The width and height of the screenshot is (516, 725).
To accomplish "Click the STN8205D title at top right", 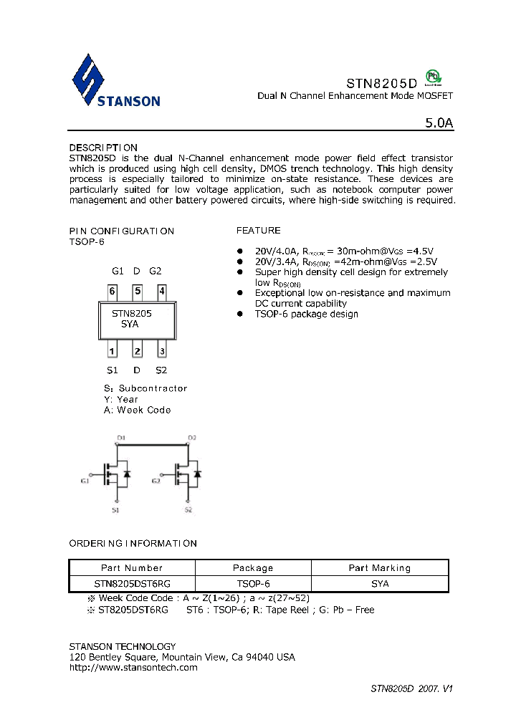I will pos(381,82).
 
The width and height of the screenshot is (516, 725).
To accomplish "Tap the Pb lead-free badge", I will pos(432,77).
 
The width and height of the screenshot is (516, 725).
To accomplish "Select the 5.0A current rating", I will pos(439,123).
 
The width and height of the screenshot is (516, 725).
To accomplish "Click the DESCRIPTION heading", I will pos(103,148).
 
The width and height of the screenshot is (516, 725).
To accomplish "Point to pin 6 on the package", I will pos(113,292).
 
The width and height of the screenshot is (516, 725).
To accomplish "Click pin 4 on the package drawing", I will pos(162,292).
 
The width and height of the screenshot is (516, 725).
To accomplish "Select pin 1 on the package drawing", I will pos(113,350).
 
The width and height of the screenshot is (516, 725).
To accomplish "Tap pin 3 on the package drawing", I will pos(162,350).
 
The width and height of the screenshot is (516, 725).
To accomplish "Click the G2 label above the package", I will pos(156,272).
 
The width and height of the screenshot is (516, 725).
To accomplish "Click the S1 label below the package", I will pos(112,370).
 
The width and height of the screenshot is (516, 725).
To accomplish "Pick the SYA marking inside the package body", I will pos(130,325).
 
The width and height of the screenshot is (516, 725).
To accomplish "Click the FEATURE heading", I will pos(259,231).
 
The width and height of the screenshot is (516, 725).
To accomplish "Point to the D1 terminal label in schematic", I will pos(121,437).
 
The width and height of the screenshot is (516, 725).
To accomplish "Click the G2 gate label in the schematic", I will pos(156,481).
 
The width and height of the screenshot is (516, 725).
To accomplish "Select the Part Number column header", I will pos(132,568).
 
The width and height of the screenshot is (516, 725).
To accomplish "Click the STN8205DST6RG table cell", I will pos(132,584).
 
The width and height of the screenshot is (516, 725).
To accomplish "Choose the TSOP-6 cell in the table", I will pos(253,584).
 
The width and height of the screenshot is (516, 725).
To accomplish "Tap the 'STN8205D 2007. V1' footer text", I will pos(411,688).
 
